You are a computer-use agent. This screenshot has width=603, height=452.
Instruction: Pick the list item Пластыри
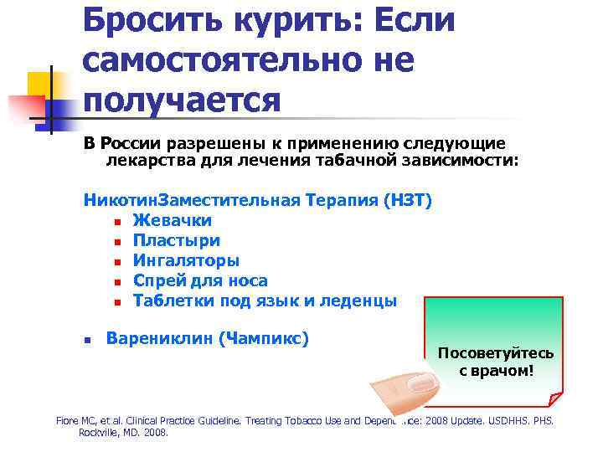176,240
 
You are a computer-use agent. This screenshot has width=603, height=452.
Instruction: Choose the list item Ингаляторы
186,260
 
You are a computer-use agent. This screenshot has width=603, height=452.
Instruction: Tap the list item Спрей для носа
200,280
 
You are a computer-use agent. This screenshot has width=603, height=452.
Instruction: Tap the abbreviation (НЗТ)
406,200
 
